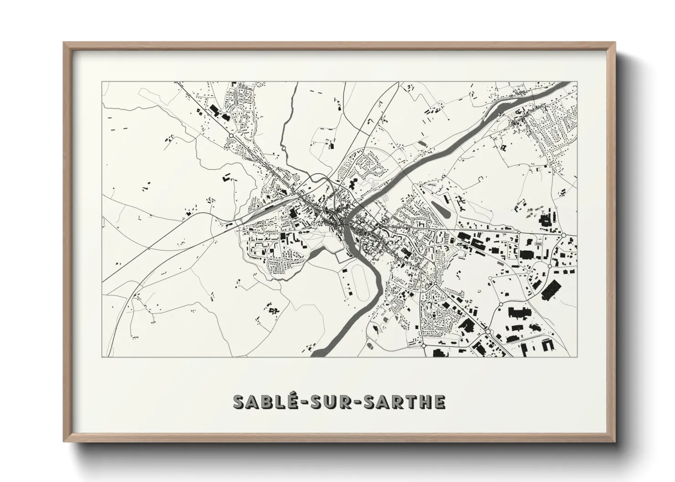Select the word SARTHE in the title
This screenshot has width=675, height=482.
click(x=406, y=402)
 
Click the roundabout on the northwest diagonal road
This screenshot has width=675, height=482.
click(x=231, y=136)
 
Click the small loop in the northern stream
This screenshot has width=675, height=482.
click(x=283, y=148)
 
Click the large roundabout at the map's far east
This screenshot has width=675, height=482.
click(x=564, y=235)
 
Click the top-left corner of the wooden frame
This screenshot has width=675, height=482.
click(x=64, y=43)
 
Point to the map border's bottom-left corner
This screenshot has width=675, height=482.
click(x=102, y=357)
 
